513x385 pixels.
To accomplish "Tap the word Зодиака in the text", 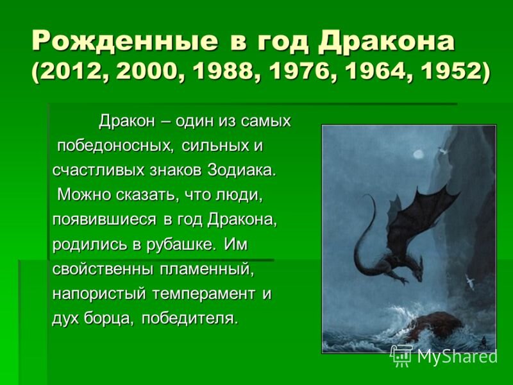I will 240,170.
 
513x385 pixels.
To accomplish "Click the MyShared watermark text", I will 457,357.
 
